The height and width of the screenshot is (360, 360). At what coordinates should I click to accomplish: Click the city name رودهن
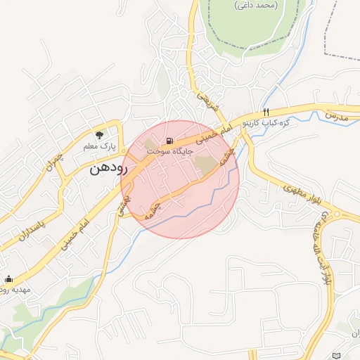(107, 169)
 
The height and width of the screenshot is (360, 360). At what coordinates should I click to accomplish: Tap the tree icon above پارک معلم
(100, 134)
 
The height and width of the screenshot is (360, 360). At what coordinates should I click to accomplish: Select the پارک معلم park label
(98, 146)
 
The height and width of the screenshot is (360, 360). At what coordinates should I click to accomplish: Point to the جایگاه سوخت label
(165, 150)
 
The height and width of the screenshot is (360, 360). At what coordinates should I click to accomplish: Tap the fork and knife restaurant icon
(266, 112)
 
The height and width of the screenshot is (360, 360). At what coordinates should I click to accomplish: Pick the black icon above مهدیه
(8, 278)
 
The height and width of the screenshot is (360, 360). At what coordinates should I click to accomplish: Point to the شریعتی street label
(208, 101)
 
